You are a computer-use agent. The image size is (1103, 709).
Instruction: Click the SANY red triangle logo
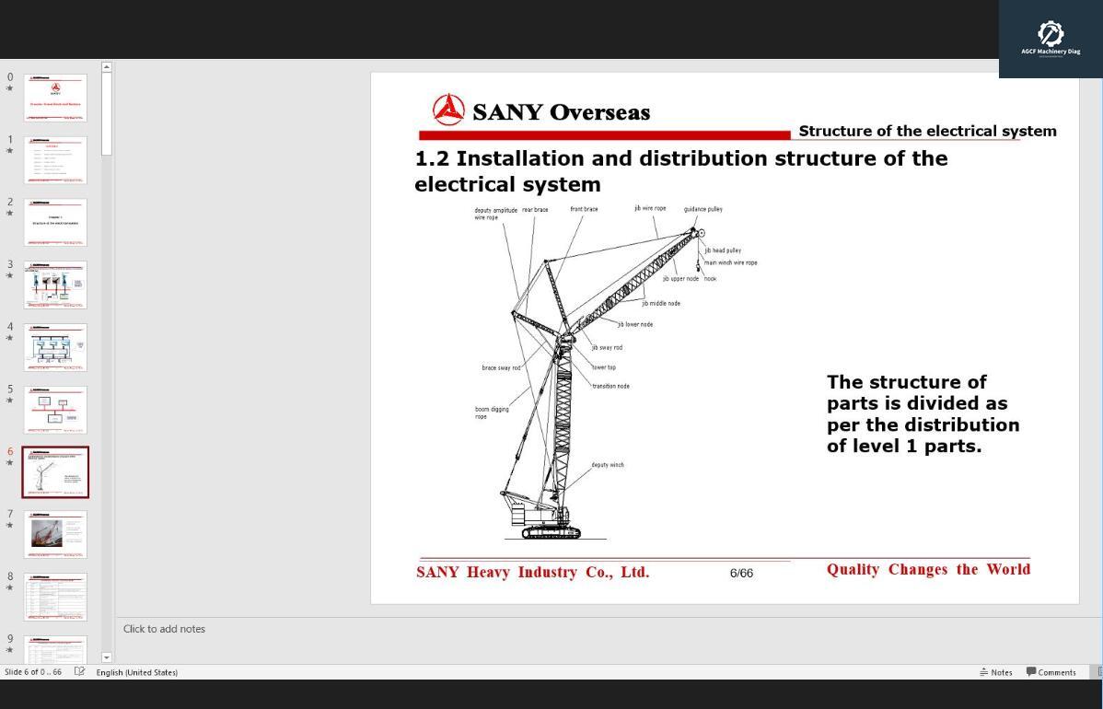[x=448, y=110]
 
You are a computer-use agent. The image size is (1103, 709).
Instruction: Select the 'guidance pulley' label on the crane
[x=702, y=209]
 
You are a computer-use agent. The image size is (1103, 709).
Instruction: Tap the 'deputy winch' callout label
[x=607, y=465]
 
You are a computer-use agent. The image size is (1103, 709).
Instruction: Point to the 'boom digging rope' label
[x=492, y=413]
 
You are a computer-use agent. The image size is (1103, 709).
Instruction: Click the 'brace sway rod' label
[x=501, y=368]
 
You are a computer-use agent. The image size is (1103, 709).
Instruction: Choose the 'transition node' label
[x=610, y=386]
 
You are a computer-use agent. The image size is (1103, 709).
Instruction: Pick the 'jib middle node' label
[x=661, y=304]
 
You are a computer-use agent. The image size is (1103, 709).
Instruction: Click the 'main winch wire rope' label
[x=730, y=263]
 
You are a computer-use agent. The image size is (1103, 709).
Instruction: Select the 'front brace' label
[x=584, y=209]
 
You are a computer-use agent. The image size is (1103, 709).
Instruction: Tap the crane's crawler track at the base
[x=551, y=532]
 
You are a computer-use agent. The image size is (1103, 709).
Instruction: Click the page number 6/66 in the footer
[x=741, y=573]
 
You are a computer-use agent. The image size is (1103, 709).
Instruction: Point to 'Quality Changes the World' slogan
[x=928, y=569]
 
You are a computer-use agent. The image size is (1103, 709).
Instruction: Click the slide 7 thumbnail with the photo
[x=55, y=534]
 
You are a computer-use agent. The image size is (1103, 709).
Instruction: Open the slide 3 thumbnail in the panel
[x=55, y=285]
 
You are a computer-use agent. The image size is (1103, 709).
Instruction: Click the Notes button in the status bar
[x=996, y=672]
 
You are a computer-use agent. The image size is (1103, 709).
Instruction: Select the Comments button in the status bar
[x=1051, y=672]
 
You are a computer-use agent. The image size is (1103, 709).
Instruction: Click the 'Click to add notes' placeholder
[x=164, y=629]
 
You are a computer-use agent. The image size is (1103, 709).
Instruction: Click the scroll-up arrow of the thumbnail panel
[x=107, y=67]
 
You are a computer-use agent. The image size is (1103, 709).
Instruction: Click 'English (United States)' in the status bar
[x=136, y=672]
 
